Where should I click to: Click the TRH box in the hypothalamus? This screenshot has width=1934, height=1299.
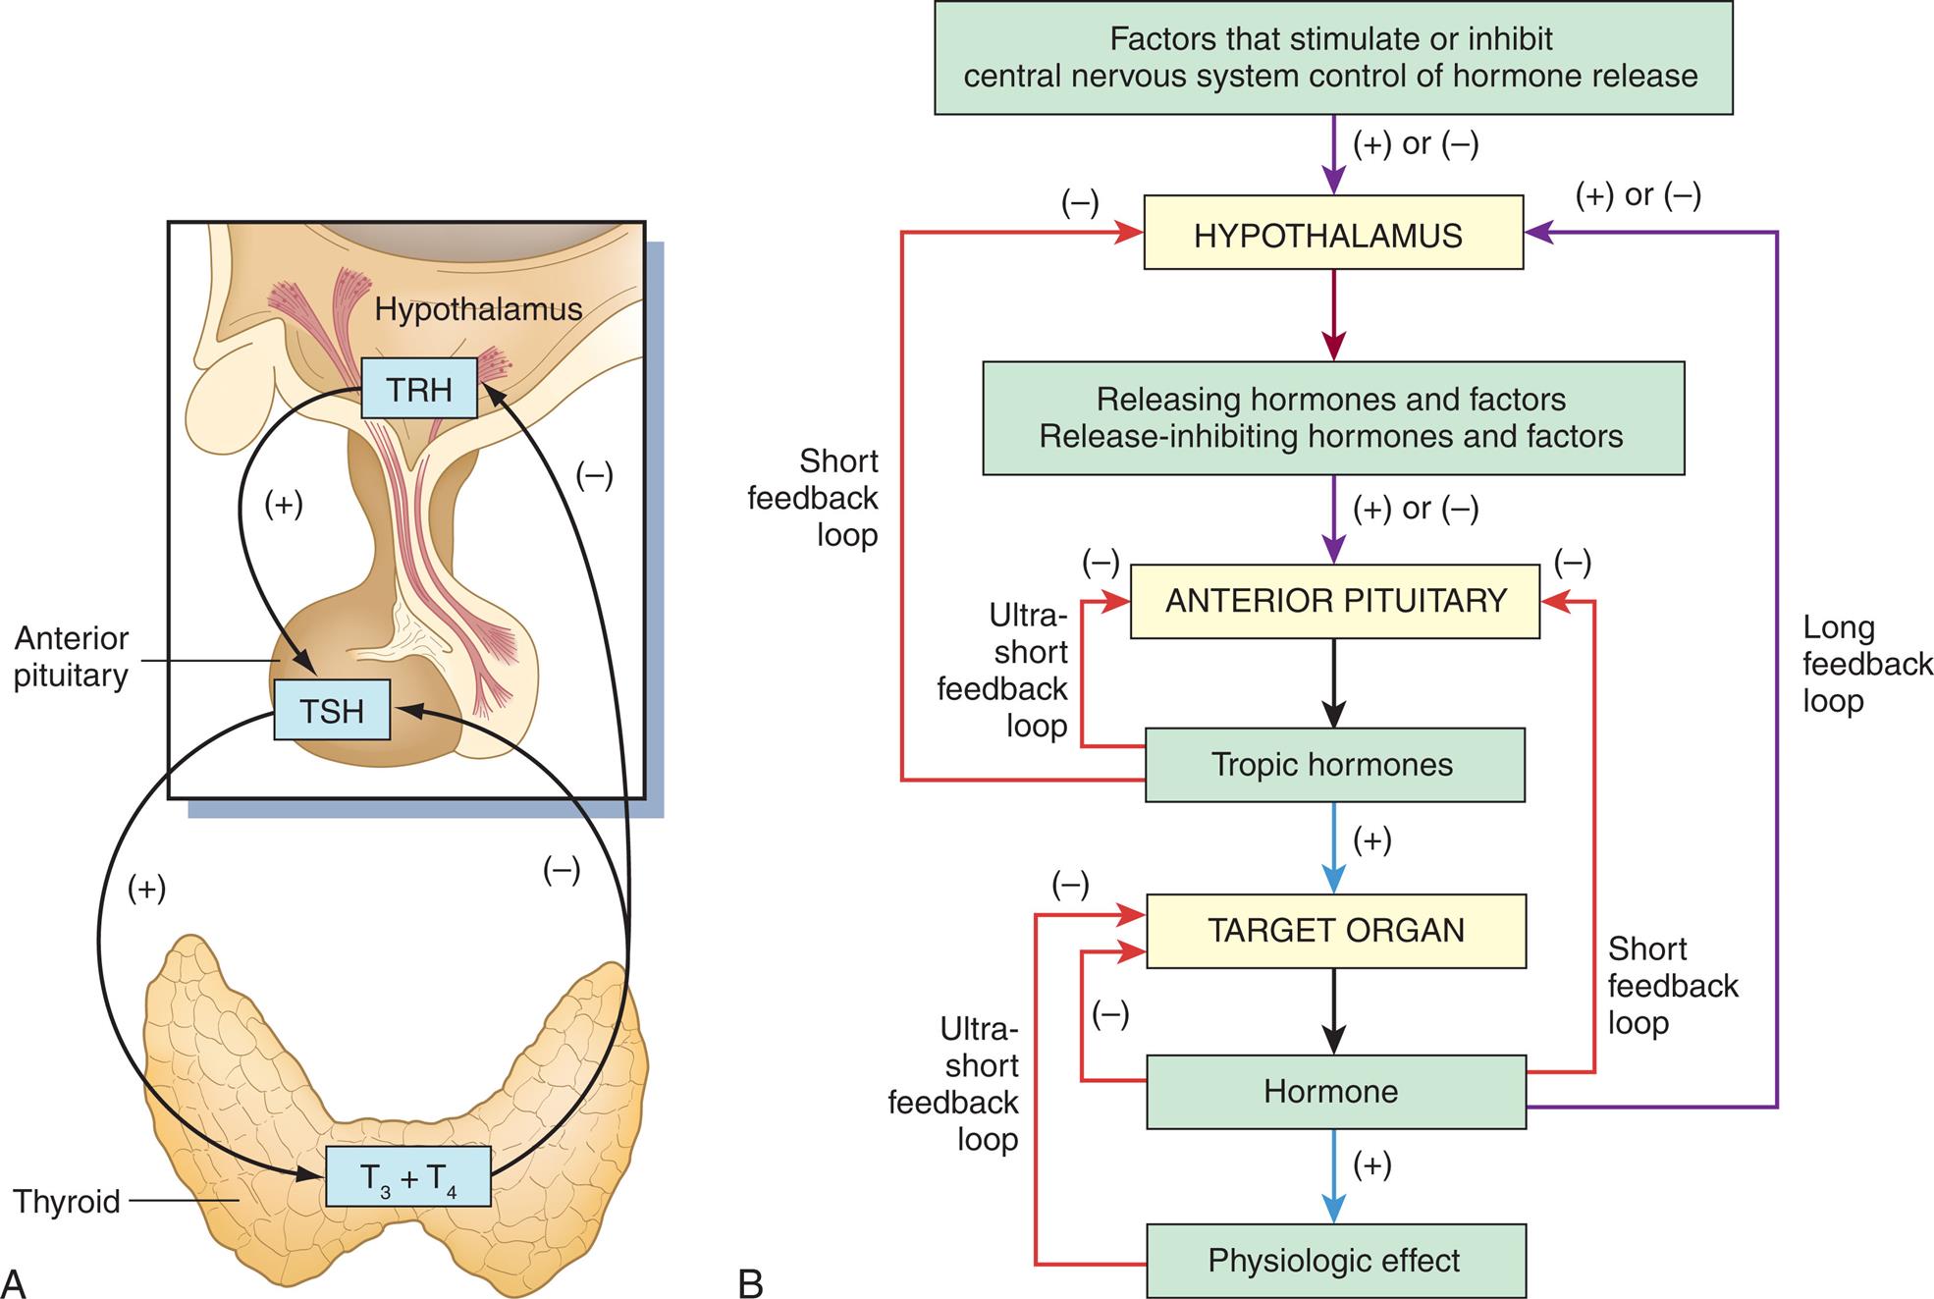point(419,389)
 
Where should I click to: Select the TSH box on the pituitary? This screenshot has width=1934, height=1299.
point(332,710)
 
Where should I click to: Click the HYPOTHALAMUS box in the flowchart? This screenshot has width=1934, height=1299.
point(1332,233)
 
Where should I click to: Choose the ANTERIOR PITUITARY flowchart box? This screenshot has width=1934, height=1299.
point(1335,601)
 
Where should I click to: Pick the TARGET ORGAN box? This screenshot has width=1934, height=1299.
point(1335,931)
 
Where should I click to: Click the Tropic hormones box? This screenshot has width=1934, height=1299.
point(1333,765)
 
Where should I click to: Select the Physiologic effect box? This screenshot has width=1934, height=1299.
point(1334,1261)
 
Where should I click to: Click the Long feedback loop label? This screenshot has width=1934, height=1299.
point(1865,665)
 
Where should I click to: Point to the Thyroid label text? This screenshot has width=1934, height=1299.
point(67,1202)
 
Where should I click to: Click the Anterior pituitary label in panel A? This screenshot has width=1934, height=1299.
point(71,657)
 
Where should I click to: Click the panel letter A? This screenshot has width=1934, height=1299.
point(14,1282)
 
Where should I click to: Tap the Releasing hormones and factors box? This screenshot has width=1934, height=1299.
point(1332,418)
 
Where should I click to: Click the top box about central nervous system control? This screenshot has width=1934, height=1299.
point(1332,58)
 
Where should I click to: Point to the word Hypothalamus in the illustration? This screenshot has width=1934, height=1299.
point(478,310)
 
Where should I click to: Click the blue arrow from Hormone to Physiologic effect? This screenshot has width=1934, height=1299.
point(1333,1175)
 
